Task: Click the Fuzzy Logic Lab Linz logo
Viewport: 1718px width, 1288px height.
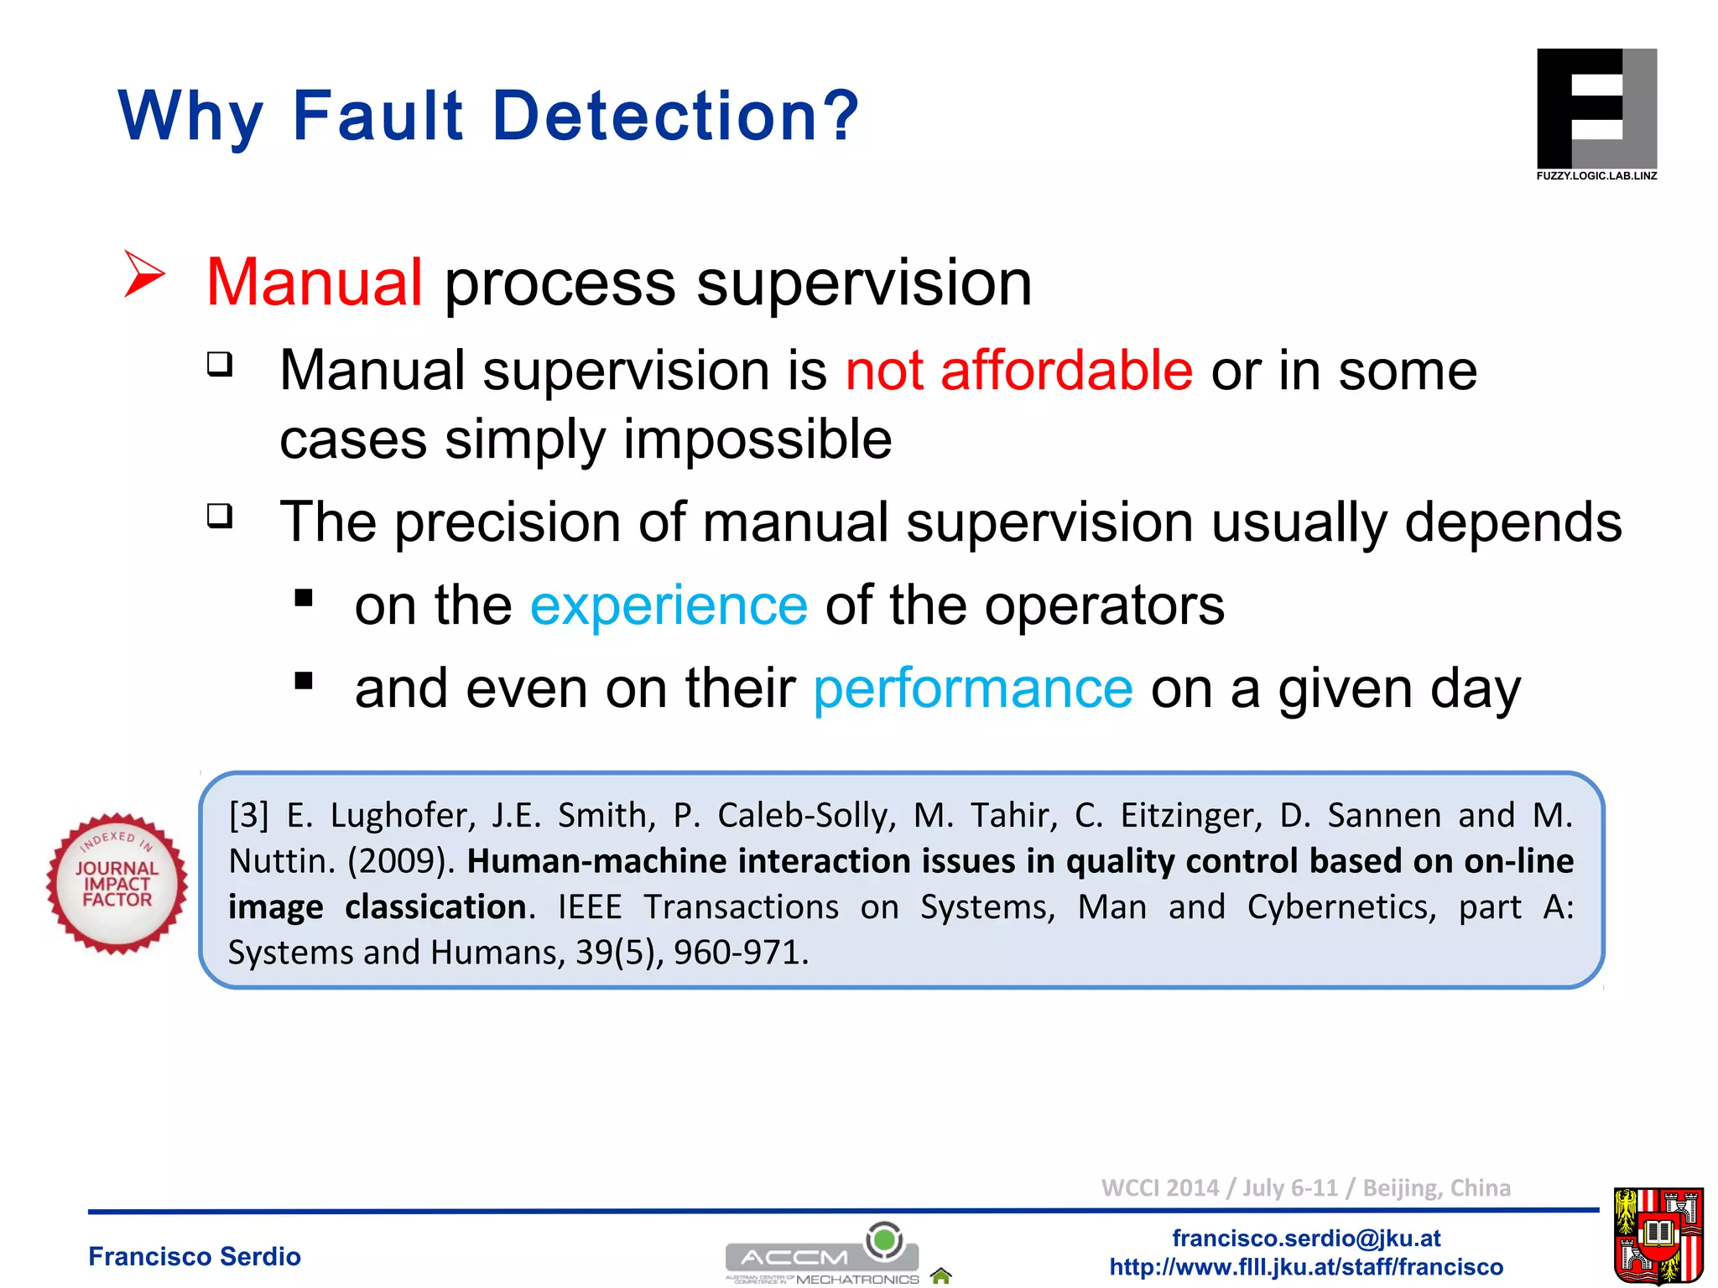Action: tap(1596, 112)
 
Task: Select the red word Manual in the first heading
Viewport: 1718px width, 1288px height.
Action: tap(314, 283)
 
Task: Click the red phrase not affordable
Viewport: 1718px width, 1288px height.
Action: tap(1018, 371)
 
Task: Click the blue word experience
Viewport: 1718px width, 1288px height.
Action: tap(669, 605)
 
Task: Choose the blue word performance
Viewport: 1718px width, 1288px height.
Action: tap(973, 689)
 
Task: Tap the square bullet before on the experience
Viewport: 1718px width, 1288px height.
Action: tap(304, 598)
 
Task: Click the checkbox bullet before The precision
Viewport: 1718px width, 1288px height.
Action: tap(220, 516)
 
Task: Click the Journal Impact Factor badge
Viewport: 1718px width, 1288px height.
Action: tap(117, 883)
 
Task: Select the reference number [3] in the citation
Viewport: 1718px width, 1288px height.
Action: tap(248, 815)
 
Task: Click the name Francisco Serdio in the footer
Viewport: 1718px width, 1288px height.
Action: tap(194, 1256)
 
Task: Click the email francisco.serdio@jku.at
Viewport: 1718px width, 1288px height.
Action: tap(1305, 1238)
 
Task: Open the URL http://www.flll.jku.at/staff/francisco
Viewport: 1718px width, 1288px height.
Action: tap(1305, 1266)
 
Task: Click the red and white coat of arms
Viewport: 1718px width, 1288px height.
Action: tap(1658, 1235)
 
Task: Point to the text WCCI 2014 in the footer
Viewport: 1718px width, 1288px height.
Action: tap(1159, 1188)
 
